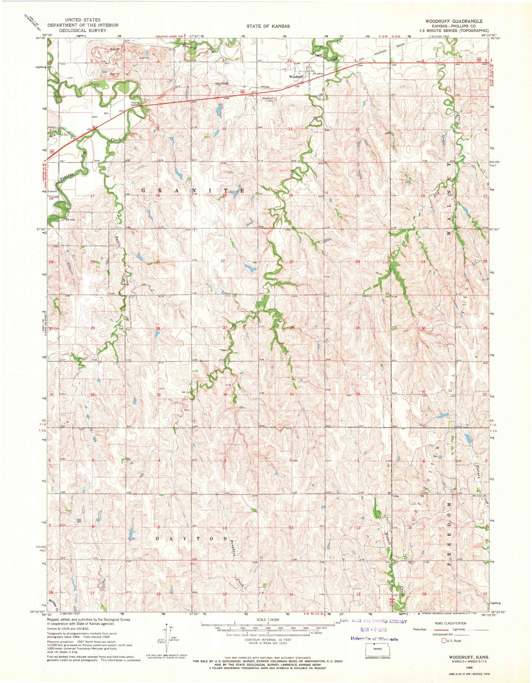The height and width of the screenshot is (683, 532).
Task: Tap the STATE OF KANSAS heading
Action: click(268, 26)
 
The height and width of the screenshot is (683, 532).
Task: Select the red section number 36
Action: click(356, 394)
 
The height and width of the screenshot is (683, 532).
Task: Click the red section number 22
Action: click(223, 261)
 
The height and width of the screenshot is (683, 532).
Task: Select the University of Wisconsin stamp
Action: click(374, 639)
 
